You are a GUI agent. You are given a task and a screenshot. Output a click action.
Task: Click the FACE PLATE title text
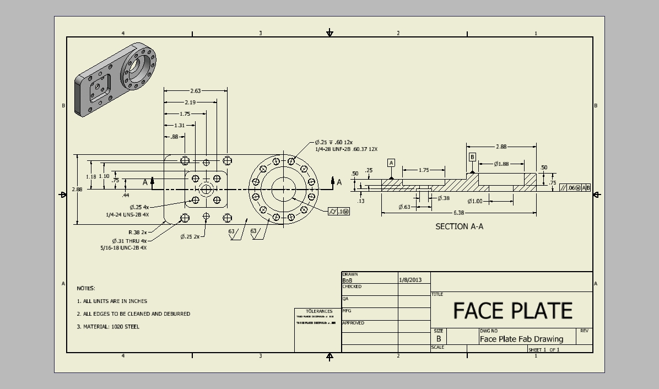point(512,310)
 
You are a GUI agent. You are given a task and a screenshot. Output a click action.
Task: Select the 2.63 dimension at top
point(195,91)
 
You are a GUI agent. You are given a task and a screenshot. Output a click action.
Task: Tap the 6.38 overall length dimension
point(458,213)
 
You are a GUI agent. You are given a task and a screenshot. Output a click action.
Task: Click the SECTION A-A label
point(460,226)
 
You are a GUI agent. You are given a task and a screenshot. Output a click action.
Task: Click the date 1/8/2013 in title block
point(410,280)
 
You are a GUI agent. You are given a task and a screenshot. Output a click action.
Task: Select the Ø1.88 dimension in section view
point(501,164)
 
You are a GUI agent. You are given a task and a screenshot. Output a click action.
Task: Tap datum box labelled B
point(472,157)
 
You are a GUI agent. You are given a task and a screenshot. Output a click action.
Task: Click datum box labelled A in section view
point(391,163)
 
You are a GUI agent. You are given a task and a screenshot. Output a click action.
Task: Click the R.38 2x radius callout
point(138,233)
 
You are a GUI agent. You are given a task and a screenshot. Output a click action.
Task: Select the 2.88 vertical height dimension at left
point(77,189)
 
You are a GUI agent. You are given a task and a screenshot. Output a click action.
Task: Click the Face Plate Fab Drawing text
point(521,339)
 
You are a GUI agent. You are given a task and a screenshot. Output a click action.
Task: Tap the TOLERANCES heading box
point(319,311)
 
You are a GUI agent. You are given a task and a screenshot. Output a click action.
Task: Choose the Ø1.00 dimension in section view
point(475,201)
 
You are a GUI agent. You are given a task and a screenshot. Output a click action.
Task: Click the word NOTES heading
point(86,288)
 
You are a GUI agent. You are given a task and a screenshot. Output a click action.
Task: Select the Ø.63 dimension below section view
point(404,207)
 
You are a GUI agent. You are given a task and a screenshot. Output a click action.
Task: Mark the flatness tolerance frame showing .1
point(339,212)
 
